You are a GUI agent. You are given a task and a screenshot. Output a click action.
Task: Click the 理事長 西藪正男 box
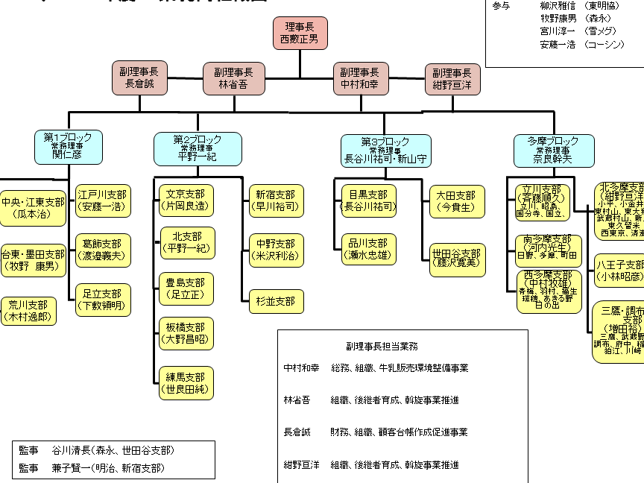(300, 33)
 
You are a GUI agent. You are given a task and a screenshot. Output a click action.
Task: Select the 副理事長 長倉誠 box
(139, 78)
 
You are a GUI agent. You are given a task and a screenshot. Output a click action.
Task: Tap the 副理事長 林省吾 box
(234, 78)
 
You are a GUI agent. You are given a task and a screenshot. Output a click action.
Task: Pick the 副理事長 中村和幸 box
(359, 78)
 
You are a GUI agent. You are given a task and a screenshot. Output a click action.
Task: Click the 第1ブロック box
(68, 147)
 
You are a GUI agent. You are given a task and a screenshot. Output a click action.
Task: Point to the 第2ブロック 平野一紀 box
(198, 148)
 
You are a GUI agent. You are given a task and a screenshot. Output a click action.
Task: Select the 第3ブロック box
(385, 150)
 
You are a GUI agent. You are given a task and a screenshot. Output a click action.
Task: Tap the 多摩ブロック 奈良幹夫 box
(552, 150)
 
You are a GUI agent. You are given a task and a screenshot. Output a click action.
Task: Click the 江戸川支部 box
(104, 200)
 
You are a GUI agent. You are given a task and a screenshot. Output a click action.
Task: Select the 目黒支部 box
(369, 201)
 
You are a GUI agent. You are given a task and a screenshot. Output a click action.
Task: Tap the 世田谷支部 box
(457, 255)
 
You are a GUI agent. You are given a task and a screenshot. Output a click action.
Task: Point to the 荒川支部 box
(28, 311)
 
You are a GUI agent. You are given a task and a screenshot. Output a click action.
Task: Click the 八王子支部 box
(619, 271)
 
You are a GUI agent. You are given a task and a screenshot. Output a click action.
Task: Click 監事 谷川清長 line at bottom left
(97, 451)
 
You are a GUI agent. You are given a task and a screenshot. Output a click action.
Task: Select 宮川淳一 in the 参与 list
(558, 31)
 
